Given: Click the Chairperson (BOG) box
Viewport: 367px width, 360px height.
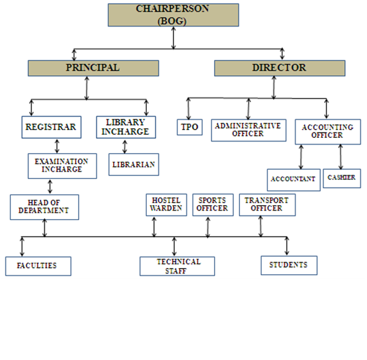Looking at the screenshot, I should tap(173, 15).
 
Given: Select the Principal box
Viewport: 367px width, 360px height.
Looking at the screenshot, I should tap(93, 68).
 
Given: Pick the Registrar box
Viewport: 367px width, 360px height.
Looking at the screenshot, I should tap(50, 127).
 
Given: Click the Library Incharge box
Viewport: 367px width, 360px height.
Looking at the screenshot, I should tap(126, 126).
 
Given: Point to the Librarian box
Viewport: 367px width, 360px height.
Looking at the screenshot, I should tap(134, 164).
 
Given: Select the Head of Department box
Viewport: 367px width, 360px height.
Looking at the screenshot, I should tap(44, 207).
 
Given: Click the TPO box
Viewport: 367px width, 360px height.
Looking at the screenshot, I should tap(190, 127).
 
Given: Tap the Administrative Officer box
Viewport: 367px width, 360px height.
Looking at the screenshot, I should tap(248, 130).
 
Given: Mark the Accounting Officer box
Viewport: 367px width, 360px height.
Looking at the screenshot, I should tap(327, 131).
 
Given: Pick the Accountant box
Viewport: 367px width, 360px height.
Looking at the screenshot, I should tap(293, 180).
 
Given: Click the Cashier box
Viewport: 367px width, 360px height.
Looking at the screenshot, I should tap(342, 178).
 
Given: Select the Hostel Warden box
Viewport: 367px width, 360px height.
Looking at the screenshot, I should tap(166, 205).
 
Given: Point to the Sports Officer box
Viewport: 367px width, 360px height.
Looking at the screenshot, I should tap(212, 205).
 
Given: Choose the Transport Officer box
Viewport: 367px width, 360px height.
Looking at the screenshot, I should tap(267, 205).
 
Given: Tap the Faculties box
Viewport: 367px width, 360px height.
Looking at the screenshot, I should tap(38, 266).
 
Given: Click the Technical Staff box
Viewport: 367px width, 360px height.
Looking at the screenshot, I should tap(177, 266).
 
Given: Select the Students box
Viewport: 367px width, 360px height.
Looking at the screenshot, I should tap(288, 265).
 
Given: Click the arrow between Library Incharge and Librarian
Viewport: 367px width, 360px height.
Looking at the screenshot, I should tap(125, 146).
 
